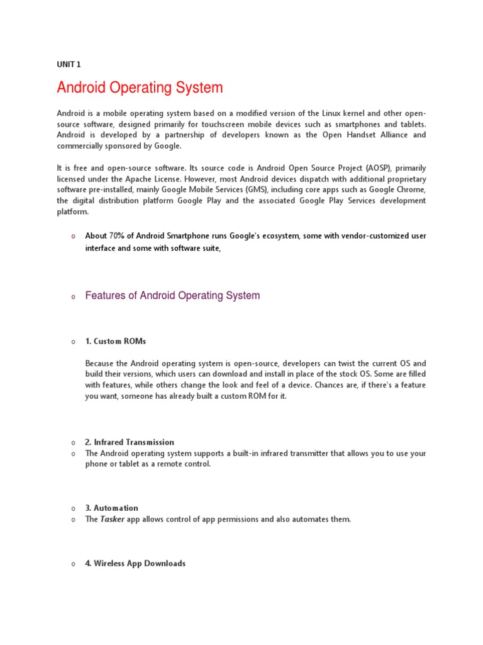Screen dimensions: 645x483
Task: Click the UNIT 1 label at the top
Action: [69, 64]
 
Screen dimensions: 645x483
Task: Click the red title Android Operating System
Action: [140, 88]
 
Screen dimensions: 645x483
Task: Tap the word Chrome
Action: [410, 190]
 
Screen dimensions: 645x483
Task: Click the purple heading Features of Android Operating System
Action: [172, 295]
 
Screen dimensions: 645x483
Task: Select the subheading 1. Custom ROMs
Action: [115, 341]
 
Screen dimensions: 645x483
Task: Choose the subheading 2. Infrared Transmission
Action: [130, 442]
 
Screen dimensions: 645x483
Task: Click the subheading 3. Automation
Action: [111, 508]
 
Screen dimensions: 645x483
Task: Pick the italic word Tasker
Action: [113, 519]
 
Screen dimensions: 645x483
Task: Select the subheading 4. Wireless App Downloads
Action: [135, 564]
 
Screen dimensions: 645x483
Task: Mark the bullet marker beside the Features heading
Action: [74, 297]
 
